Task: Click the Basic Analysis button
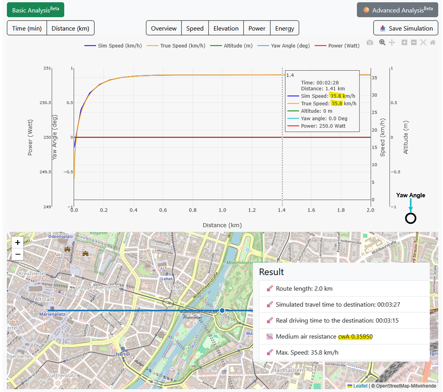point(36,10)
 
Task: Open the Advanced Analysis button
point(397,10)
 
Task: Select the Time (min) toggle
point(27,28)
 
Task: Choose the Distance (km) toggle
point(70,28)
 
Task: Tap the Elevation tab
point(226,28)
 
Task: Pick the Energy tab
point(285,28)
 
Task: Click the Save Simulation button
point(406,28)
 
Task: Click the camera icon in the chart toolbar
point(370,42)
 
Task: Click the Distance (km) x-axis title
point(222,225)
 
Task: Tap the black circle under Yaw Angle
point(410,218)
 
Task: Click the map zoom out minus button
point(18,254)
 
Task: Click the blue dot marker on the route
point(222,310)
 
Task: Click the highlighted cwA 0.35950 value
point(355,336)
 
